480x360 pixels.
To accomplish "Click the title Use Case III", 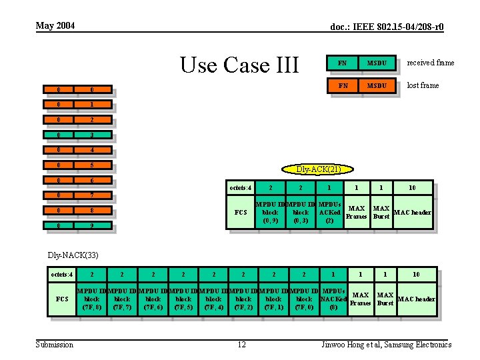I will (240, 65).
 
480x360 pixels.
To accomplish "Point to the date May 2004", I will (55, 26).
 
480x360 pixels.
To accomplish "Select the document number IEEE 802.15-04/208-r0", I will (387, 27).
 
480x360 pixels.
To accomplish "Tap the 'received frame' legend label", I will (430, 63).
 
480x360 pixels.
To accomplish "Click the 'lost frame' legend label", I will (423, 85).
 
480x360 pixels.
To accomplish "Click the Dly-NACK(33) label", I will (73, 255).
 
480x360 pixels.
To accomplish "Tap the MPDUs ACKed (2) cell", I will (329, 212).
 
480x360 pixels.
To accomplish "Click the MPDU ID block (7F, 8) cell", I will (92, 299).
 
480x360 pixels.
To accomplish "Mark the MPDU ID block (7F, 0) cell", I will (304, 299).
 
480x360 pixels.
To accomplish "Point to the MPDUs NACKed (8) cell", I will (333, 299).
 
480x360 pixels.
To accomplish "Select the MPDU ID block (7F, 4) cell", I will (213, 299).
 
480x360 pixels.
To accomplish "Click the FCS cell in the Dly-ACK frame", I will (241, 213).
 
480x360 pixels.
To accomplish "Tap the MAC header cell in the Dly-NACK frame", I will (416, 299).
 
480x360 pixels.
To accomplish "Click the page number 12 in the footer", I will (241, 345).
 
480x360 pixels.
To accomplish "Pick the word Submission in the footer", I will (55, 345).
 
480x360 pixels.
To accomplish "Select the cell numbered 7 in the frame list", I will (92, 195).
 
